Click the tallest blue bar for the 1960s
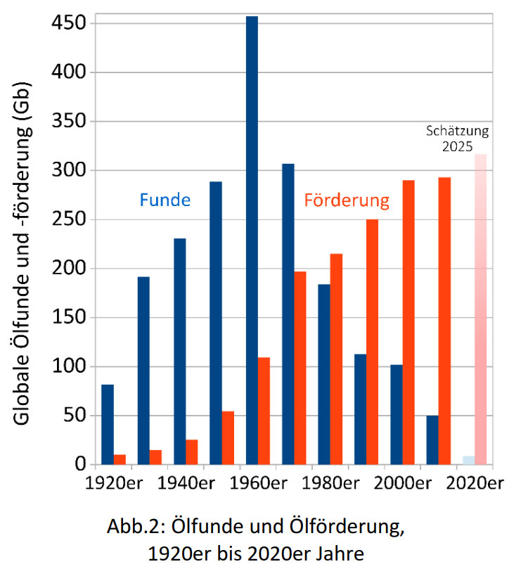[252, 239]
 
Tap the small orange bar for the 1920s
[120, 459]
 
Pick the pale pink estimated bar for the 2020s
[480, 309]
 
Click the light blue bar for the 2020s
[468, 460]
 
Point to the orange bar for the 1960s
[264, 411]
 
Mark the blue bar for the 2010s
[432, 440]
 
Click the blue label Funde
[165, 200]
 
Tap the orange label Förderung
[346, 200]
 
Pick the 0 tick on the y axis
[80, 464]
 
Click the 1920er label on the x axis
[115, 484]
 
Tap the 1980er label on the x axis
[332, 484]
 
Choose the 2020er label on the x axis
[476, 484]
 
